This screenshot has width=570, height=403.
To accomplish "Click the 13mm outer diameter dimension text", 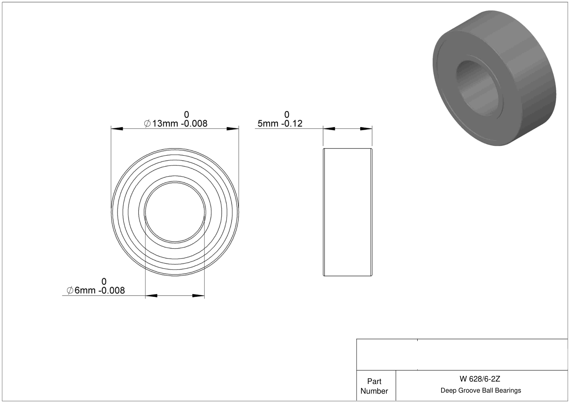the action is pos(176,124).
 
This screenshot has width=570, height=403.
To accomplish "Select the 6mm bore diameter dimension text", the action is pos(96,290).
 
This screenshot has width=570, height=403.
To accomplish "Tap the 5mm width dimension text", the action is pos(280,124).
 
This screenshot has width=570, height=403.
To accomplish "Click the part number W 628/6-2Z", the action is pos(480,379).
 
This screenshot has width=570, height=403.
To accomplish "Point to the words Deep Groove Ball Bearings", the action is pos(481,390).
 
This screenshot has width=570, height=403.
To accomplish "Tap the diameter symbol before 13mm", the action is pos(147,124).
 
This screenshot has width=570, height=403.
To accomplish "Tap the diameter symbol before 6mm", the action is pos(70,290).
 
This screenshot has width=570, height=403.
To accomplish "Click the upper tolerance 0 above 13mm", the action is pos(187,115).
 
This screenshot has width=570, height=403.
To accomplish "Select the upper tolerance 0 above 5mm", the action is pos(287,115).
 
